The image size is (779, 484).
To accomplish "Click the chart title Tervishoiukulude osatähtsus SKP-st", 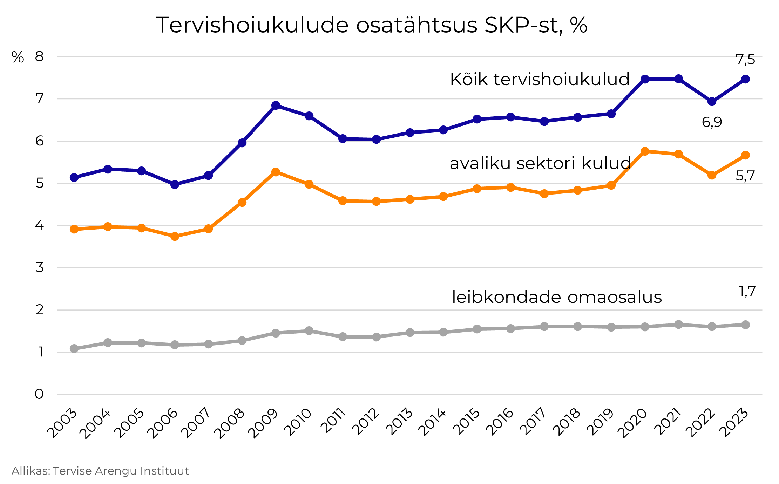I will tap(371, 25).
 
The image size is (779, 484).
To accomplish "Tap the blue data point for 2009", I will tap(276, 105).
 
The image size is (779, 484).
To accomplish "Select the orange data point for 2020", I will tap(645, 151).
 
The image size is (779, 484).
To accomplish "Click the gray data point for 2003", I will tap(74, 348).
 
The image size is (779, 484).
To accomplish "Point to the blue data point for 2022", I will tap(712, 102).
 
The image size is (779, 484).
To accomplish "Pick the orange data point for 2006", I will tap(175, 237).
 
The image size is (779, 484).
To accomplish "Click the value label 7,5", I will tap(745, 60).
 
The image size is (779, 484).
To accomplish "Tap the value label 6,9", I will tap(712, 122).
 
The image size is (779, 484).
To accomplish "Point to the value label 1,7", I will tap(747, 292).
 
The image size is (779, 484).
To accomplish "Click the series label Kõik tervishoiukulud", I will tap(540, 79).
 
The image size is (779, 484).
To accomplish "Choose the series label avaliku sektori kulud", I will tap(540, 163).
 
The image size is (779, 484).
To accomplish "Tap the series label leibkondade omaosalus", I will tap(557, 297).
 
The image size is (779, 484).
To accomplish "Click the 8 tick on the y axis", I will tap(39, 56).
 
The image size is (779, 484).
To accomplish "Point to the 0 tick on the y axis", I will tap(39, 394).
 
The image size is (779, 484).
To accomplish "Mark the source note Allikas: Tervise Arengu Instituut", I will tap(100, 471).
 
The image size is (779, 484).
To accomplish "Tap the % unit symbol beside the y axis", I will tap(18, 57).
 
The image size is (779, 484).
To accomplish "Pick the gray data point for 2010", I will tap(309, 331).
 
